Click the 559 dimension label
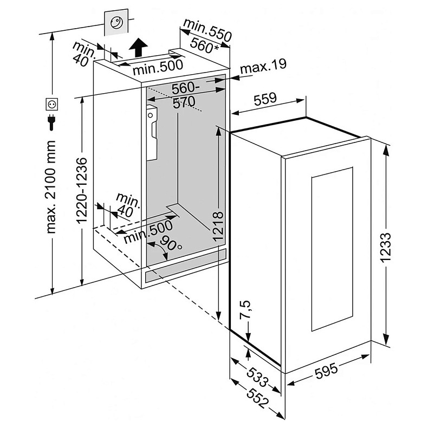point(265,99)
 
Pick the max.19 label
point(263,68)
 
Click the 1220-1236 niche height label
point(81,190)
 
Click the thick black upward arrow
point(139,48)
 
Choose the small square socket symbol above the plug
point(52,103)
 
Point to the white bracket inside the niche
point(152,133)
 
